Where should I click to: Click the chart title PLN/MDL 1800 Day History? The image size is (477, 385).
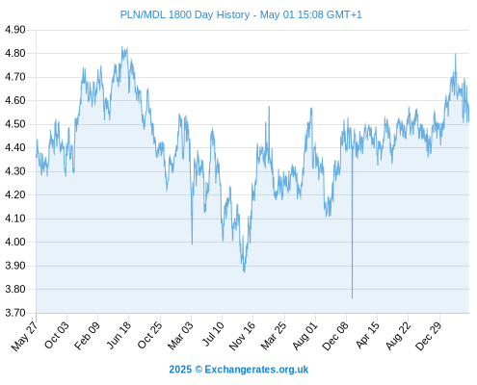pyautogui.click(x=185, y=14)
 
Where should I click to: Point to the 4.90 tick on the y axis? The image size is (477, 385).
pyautogui.click(x=15, y=30)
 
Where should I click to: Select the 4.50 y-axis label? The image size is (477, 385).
pyautogui.click(x=15, y=124)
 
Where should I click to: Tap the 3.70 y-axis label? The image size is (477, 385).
pyautogui.click(x=15, y=313)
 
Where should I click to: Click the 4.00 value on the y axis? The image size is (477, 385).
pyautogui.click(x=15, y=243)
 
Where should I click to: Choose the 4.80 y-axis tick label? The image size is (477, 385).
pyautogui.click(x=15, y=54)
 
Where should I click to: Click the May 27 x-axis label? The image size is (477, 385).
pyautogui.click(x=24, y=336)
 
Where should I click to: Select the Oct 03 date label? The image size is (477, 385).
pyautogui.click(x=57, y=335)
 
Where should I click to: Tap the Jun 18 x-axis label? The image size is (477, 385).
pyautogui.click(x=119, y=335)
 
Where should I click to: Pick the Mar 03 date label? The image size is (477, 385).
pyautogui.click(x=180, y=335)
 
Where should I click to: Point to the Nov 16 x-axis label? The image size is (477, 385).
pyautogui.click(x=242, y=336)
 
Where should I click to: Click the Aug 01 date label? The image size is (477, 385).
pyautogui.click(x=305, y=336)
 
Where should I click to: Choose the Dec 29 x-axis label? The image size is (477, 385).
pyautogui.click(x=429, y=336)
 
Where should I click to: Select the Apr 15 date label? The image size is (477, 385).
pyautogui.click(x=367, y=335)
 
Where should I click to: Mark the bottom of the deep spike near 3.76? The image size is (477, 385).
pyautogui.click(x=352, y=298)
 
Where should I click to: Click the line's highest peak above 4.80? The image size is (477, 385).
pyautogui.click(x=121, y=47)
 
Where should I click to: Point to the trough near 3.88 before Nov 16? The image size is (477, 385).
pyautogui.click(x=244, y=272)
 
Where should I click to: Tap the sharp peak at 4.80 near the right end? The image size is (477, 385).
pyautogui.click(x=455, y=54)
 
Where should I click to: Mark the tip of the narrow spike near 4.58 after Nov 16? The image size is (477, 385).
pyautogui.click(x=269, y=107)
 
